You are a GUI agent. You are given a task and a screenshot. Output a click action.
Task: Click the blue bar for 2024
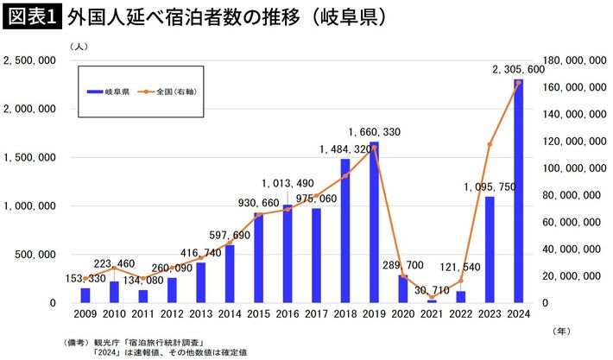click(x=518, y=191)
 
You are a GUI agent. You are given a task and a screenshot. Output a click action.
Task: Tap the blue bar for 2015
click(x=258, y=257)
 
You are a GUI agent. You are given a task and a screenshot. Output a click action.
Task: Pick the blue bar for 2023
click(x=490, y=249)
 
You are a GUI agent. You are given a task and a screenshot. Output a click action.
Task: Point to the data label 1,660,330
click(x=375, y=131)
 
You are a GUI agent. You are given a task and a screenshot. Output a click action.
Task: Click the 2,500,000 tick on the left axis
click(x=30, y=60)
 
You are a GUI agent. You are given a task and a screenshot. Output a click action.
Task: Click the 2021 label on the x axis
click(x=432, y=316)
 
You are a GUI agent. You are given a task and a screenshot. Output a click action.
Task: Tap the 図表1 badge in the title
click(x=31, y=17)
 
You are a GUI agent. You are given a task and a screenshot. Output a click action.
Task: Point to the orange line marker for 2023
click(x=490, y=144)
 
